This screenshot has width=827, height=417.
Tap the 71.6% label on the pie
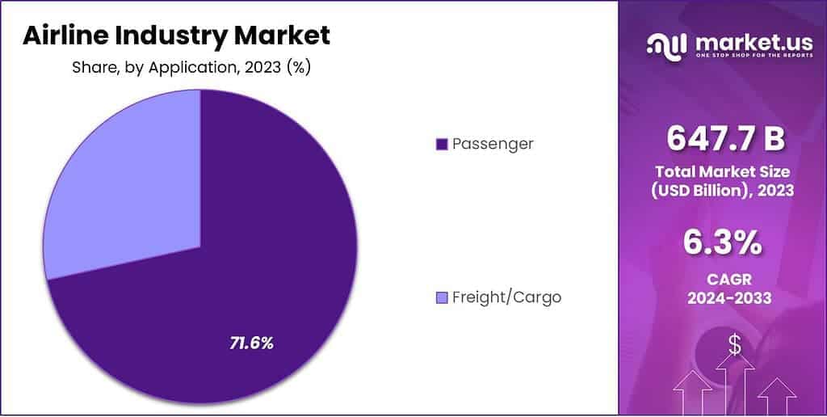[x=252, y=343]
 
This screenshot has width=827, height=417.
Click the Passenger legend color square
[x=441, y=144]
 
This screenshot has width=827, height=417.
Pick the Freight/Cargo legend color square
[x=441, y=297]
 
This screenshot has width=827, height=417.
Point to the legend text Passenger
[x=493, y=144]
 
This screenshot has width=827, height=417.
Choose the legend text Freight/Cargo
[x=506, y=297]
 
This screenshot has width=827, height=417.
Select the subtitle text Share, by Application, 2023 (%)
[x=191, y=68]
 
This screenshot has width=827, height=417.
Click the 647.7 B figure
[x=725, y=139]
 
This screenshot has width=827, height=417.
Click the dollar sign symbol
[x=734, y=345]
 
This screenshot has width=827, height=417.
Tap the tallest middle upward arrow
[x=734, y=388]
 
